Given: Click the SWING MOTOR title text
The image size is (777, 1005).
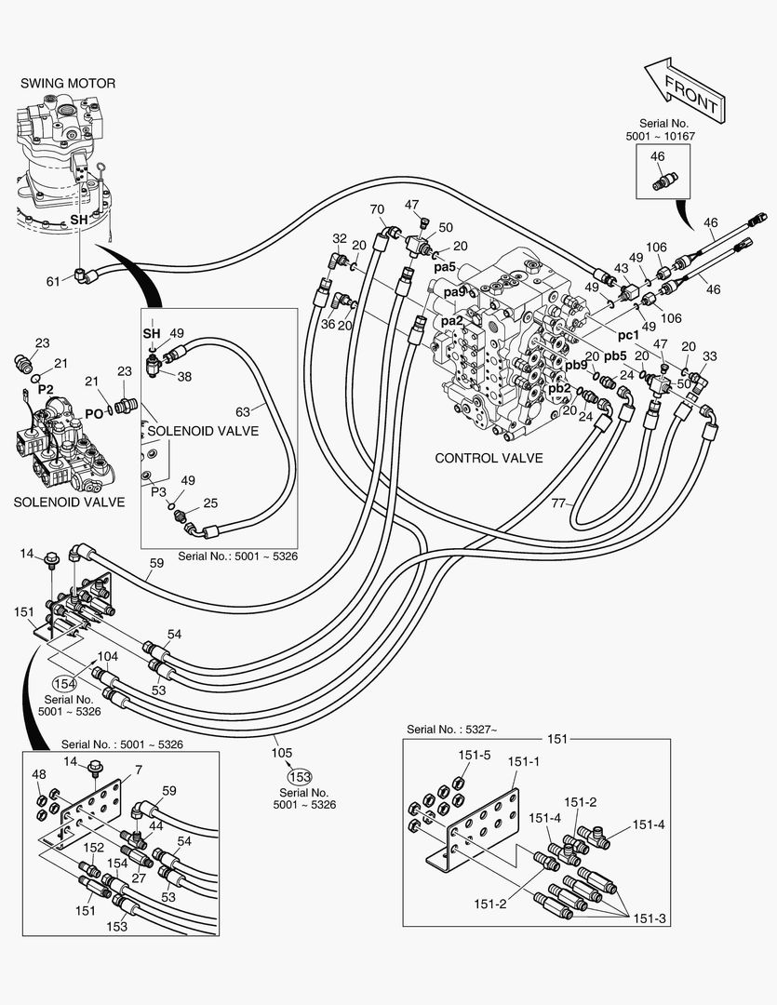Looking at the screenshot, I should tap(68, 84).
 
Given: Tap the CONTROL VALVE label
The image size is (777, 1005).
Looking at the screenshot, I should tap(489, 459).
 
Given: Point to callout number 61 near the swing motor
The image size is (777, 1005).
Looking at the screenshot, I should tap(53, 281).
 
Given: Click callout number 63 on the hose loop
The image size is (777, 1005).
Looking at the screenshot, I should tap(243, 410).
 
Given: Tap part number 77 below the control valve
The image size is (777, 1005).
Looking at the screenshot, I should tap(558, 503).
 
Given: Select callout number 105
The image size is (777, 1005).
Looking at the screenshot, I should tap(282, 753).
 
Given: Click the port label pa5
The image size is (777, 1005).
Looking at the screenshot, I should tap(445, 267).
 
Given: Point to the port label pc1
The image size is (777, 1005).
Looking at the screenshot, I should tap(628, 334).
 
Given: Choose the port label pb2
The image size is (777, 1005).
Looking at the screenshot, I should tap(559, 388).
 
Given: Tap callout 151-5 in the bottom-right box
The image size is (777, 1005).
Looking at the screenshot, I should tap(474, 755).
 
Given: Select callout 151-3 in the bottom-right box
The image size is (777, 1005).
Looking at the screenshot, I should tap(649, 918).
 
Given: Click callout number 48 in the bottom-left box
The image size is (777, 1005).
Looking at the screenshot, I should tap(39, 774).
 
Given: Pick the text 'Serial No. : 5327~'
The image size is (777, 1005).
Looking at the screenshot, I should tap(451, 728).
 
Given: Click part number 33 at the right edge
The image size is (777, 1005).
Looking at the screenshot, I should tap(710, 355).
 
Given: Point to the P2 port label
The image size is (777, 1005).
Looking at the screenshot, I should tap(46, 389).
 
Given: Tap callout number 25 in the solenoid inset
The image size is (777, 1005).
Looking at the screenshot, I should tap(210, 503).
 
